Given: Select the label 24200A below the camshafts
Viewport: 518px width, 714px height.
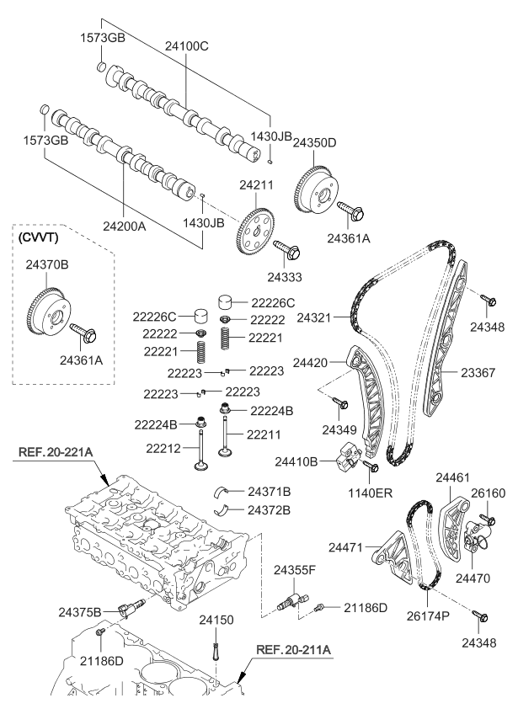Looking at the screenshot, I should coord(124,226).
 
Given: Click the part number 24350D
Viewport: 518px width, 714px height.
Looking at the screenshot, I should coord(314,143).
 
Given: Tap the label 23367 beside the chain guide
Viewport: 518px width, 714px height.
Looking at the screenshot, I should coord(478,370).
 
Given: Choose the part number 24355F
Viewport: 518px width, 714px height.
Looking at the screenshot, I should coord(294,570).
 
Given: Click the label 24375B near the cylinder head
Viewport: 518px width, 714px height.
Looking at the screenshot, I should coord(80,610).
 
